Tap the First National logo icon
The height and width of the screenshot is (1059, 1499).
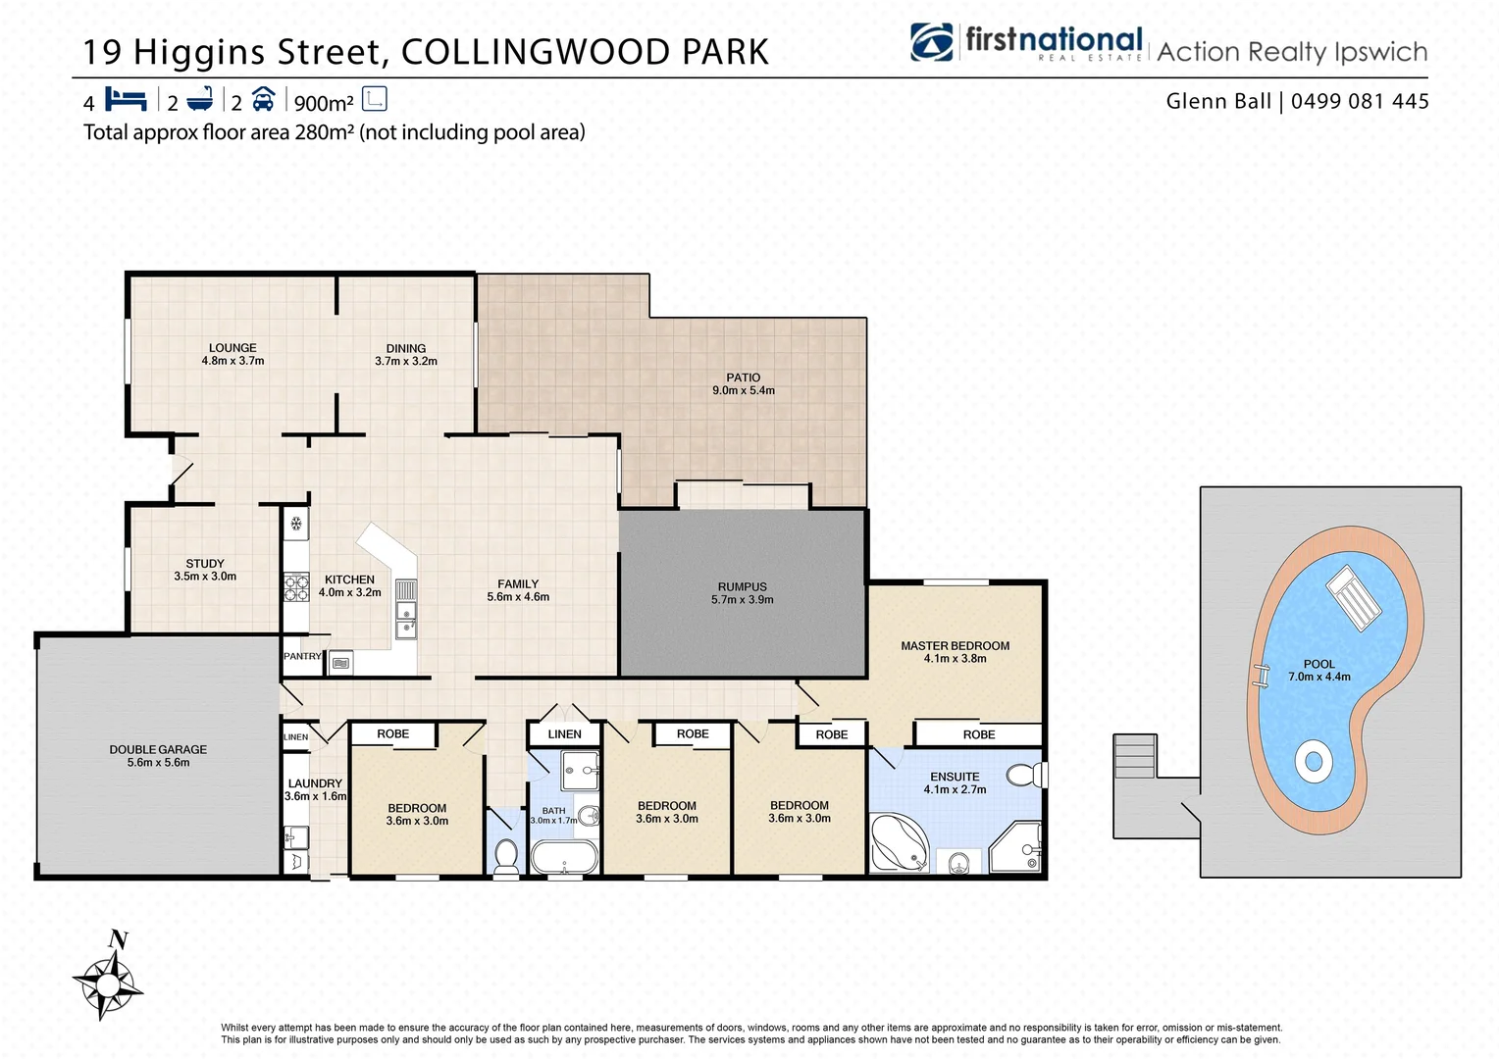[x=931, y=42]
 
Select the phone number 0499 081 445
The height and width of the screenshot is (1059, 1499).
[x=1360, y=101]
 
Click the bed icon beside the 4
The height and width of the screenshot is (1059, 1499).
[x=126, y=99]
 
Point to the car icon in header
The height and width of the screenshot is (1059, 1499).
[x=263, y=99]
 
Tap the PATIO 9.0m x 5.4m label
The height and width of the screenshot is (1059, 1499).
[x=744, y=383]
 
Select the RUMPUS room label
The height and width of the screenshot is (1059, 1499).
[x=743, y=593]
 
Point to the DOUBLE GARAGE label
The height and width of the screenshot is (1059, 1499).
[x=158, y=755]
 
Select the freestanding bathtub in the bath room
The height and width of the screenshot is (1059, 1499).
[x=564, y=856]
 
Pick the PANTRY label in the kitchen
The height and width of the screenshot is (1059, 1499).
[x=302, y=656]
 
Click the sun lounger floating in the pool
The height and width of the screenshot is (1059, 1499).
[x=1354, y=597]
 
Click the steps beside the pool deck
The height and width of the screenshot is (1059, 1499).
[x=1136, y=756]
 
